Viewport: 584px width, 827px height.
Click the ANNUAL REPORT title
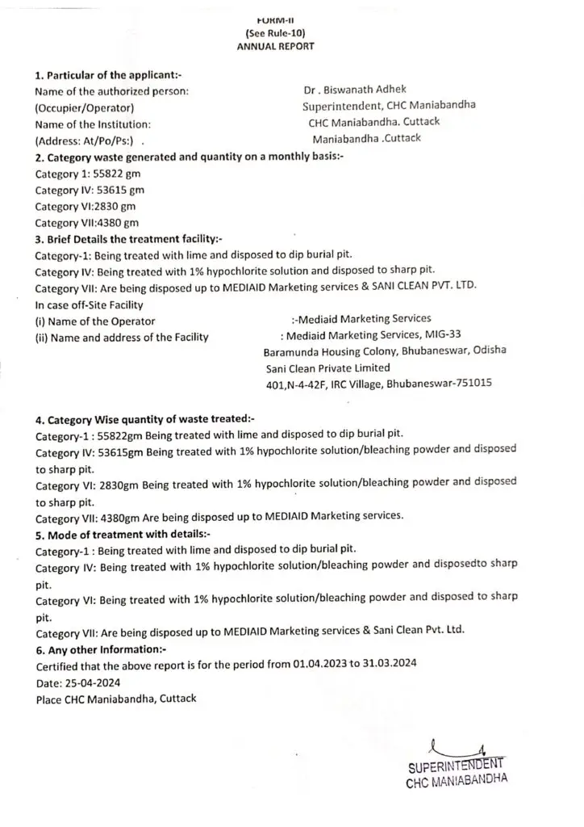pos(275,47)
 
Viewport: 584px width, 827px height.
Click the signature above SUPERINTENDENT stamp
pos(455,745)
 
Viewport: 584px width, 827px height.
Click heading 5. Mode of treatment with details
pos(122,533)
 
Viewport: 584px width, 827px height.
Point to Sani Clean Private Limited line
pos(323,367)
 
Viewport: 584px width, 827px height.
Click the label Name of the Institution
pos(93,124)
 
